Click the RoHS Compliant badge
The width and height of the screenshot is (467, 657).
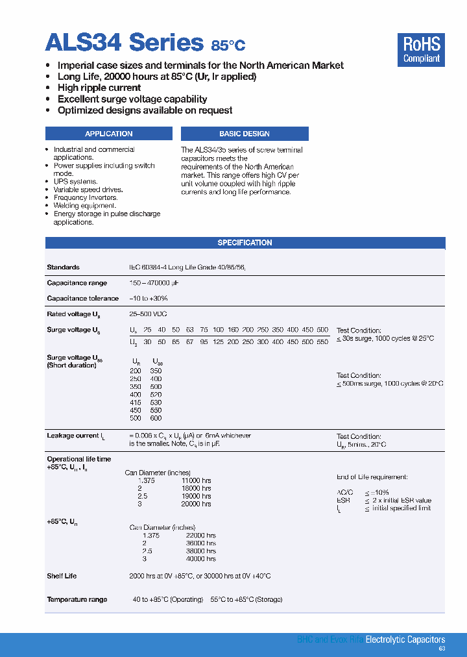(421, 50)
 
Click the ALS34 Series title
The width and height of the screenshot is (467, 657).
(124, 43)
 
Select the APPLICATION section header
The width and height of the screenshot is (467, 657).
(108, 134)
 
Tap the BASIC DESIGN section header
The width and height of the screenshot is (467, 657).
(245, 134)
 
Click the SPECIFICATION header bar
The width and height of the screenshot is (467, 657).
(245, 243)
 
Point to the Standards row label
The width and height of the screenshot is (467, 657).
(63, 267)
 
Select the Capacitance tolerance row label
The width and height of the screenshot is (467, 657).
(82, 299)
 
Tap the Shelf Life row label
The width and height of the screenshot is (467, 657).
(62, 576)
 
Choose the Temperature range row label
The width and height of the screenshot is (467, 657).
(77, 599)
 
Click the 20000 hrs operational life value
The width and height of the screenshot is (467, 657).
(196, 504)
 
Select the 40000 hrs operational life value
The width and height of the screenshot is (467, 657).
(200, 558)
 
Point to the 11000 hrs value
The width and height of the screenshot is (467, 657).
(196, 480)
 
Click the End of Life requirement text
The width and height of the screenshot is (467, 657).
(372, 477)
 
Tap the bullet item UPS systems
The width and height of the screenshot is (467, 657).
(75, 182)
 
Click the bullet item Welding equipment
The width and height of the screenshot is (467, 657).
(84, 206)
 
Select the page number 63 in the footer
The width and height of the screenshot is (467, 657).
(442, 649)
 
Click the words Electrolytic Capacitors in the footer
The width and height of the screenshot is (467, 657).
(405, 639)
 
